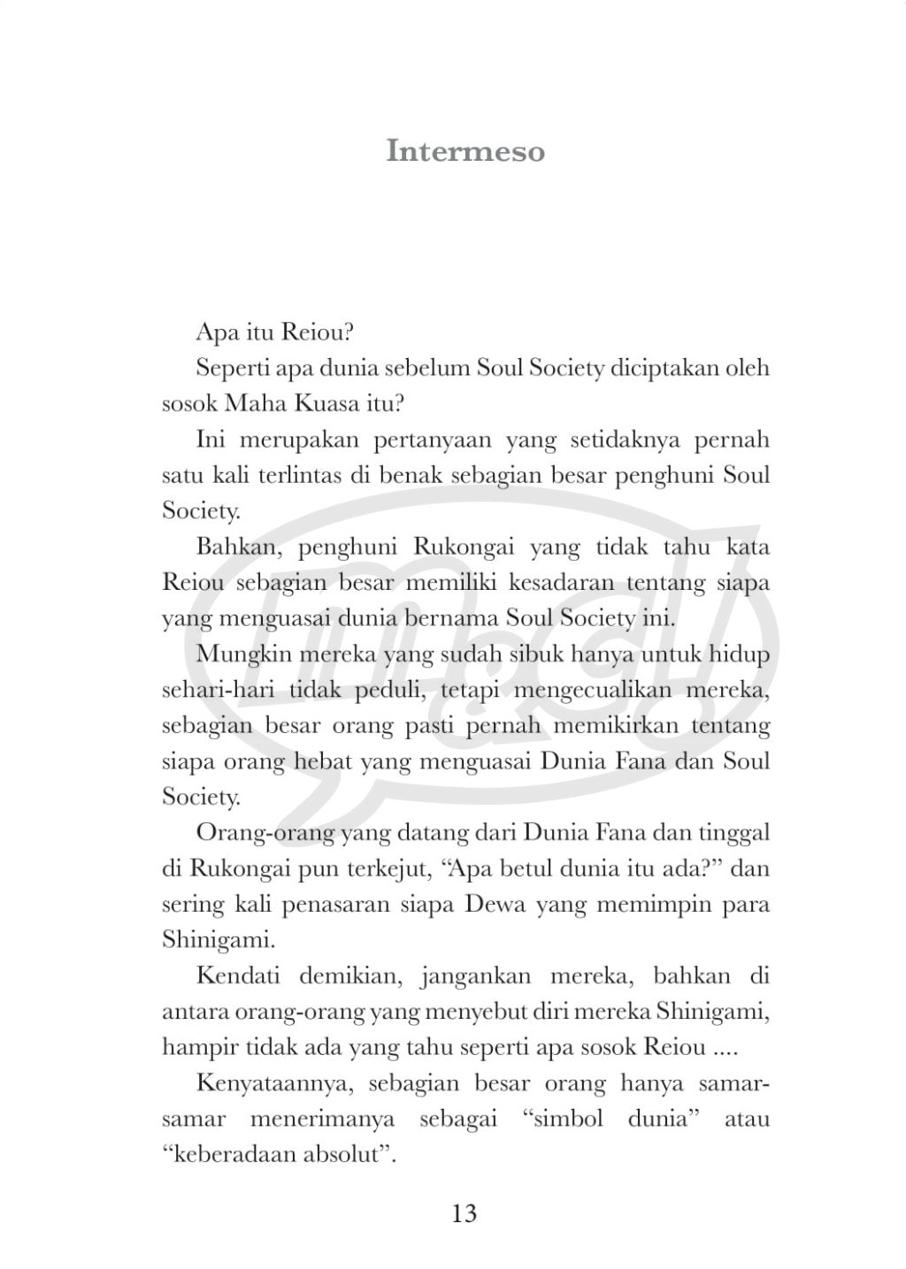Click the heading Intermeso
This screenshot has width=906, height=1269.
coord(465,150)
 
